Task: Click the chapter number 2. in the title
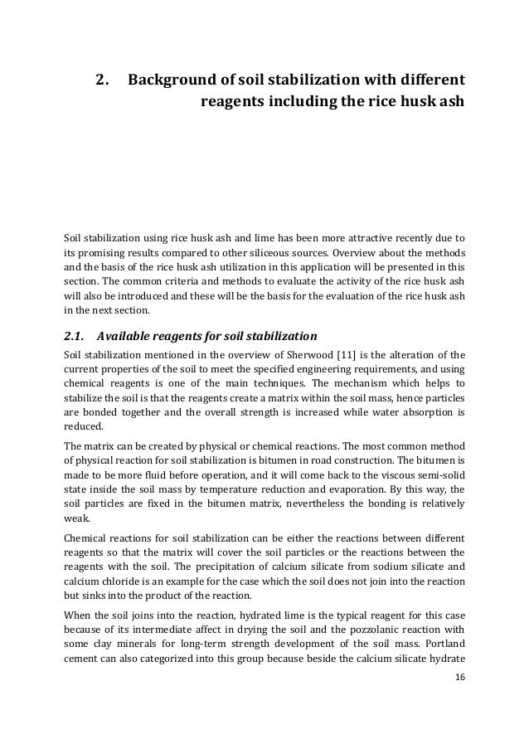click(x=104, y=81)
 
